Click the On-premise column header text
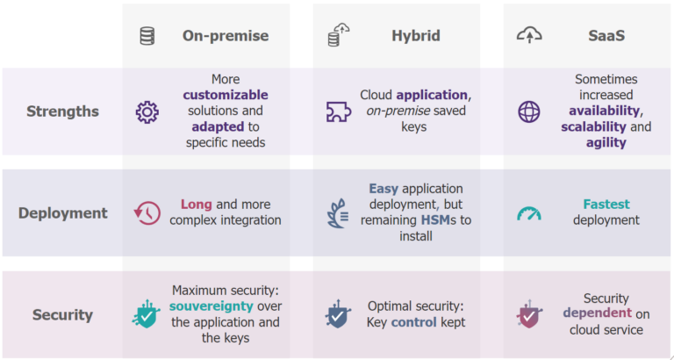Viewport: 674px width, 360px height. click(x=225, y=36)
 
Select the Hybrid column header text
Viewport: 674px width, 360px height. click(x=415, y=36)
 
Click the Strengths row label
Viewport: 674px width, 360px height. click(x=62, y=112)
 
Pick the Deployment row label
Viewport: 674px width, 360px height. click(x=62, y=212)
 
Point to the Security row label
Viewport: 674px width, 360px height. click(x=62, y=314)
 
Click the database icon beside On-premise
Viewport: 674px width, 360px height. click(x=147, y=36)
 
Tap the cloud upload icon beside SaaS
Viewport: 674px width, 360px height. click(x=529, y=36)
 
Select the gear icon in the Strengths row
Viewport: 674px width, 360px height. click(x=147, y=112)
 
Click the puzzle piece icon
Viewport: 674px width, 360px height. click(x=337, y=112)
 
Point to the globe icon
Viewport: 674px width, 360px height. click(x=529, y=112)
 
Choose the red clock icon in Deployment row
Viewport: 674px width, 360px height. click(x=147, y=213)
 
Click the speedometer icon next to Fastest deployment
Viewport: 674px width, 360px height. click(x=529, y=213)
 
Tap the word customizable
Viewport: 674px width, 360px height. click(x=226, y=95)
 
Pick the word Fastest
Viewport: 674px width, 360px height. click(x=606, y=204)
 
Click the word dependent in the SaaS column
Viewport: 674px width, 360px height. click(x=597, y=313)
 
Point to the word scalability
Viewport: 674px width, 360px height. click(x=593, y=126)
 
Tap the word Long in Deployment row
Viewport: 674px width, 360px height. click(x=197, y=204)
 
